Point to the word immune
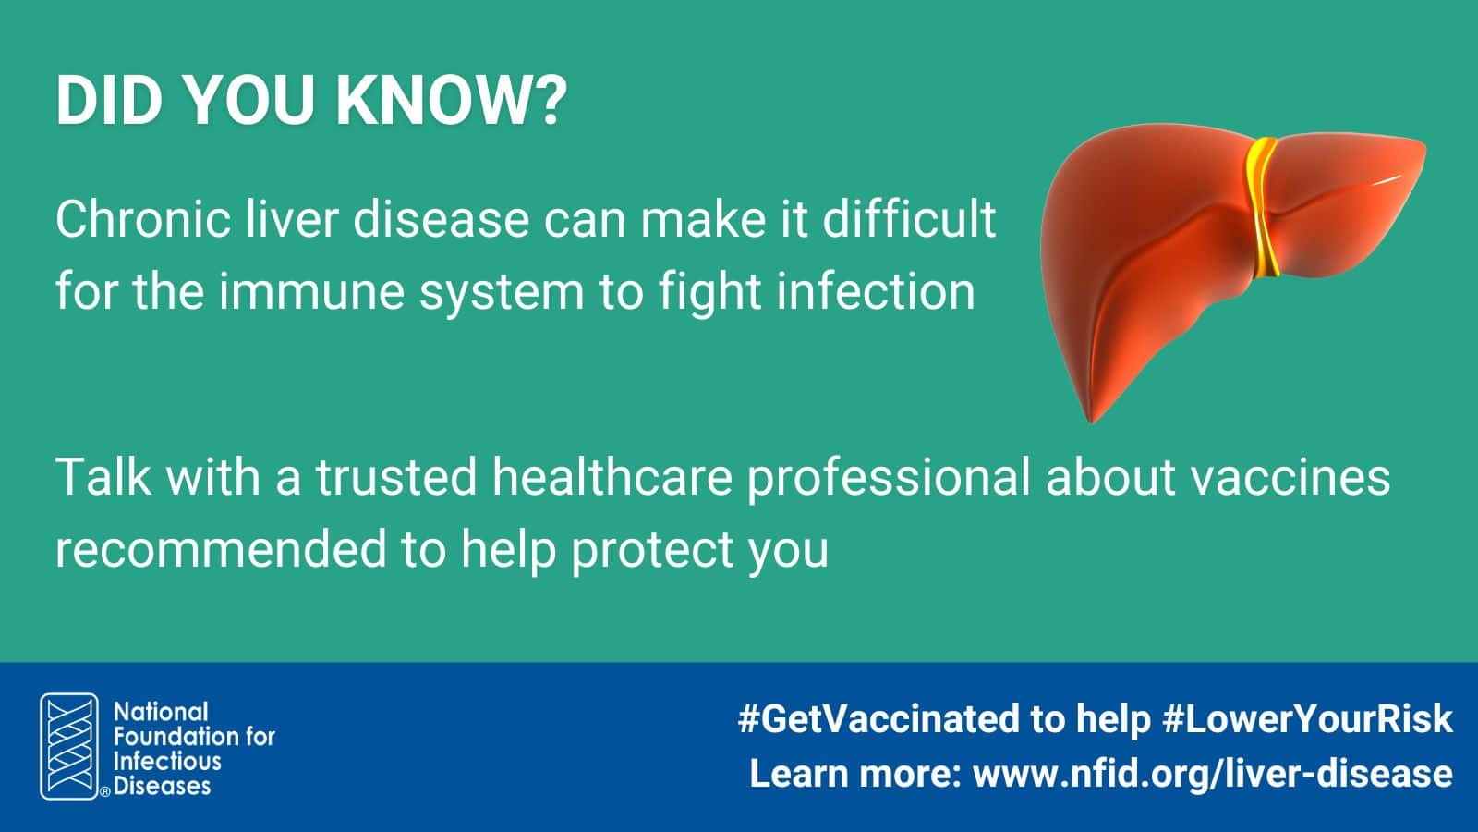click(311, 291)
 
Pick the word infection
click(876, 291)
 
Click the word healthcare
click(612, 477)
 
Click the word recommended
click(221, 549)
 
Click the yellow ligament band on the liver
click(1262, 206)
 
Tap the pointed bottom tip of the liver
click(1091, 421)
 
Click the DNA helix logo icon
click(69, 746)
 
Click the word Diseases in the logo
click(163, 786)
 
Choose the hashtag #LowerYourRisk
click(1308, 718)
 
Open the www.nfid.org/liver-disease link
click(1213, 774)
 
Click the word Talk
click(103, 477)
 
